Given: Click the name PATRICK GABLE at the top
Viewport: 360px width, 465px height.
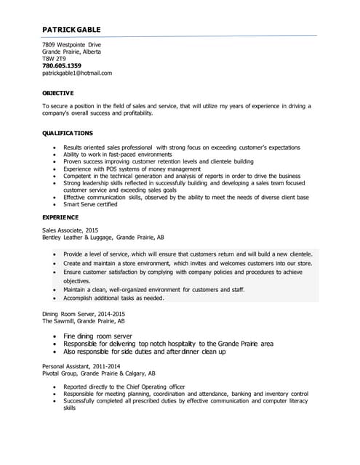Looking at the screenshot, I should click(71, 30).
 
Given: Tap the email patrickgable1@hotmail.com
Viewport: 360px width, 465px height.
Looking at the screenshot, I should click(77, 73).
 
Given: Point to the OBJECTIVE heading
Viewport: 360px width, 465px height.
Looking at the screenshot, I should click(58, 94).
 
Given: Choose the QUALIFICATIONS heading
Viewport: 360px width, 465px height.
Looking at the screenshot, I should click(68, 133).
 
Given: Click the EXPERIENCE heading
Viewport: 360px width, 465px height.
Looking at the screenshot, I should click(60, 217).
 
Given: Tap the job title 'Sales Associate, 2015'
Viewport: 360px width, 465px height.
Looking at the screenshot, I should click(71, 230).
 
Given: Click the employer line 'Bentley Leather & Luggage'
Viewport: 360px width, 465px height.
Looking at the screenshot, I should click(103, 238).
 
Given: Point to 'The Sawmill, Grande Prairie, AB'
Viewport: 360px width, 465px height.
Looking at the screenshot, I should click(83, 320).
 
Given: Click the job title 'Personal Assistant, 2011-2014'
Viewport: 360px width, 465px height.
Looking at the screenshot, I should click(81, 366).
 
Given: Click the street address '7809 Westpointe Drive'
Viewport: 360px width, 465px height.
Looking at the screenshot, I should click(71, 44).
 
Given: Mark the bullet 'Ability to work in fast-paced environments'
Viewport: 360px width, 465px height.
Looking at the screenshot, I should click(118, 154).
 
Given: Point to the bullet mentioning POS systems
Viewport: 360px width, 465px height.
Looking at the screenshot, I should click(122, 169).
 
